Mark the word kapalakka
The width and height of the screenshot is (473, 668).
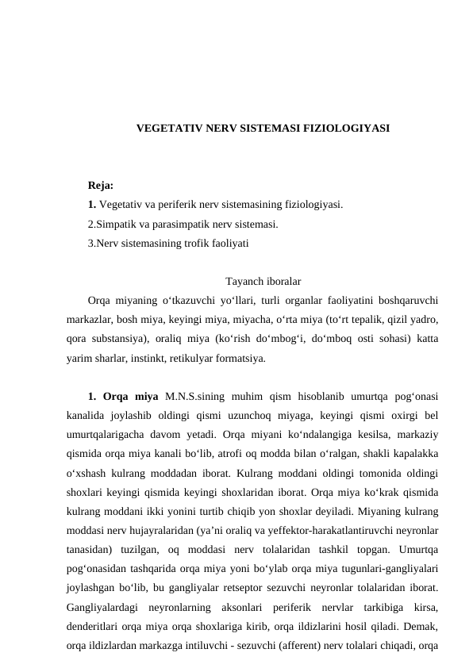[x=416, y=453]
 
